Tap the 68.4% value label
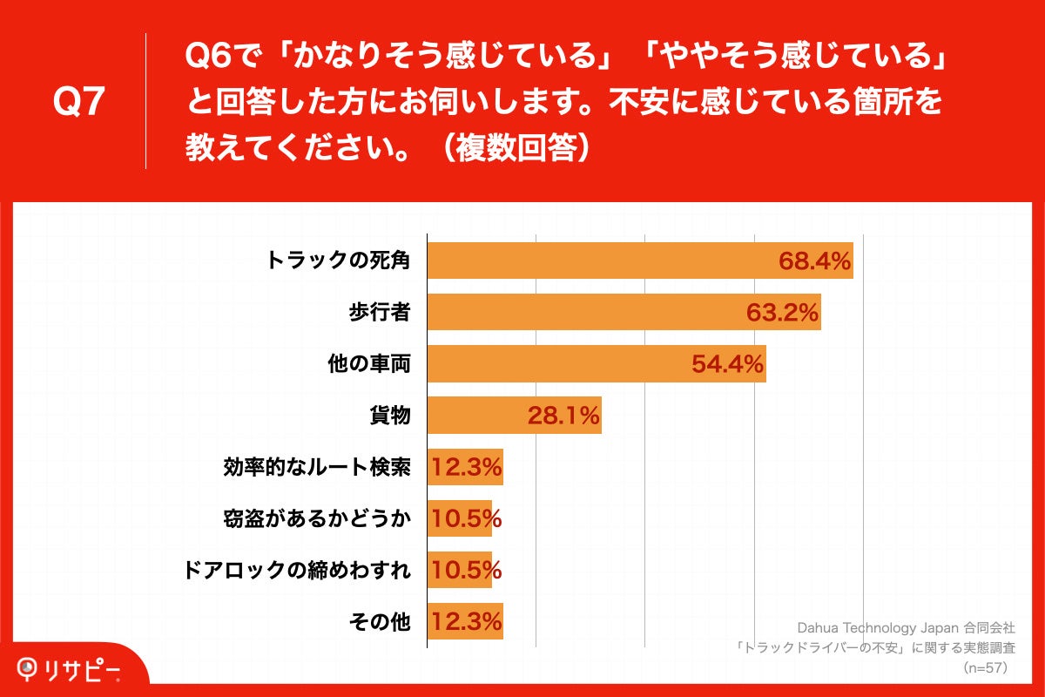[x=814, y=261]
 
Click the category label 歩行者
[x=379, y=313]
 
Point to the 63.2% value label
[x=783, y=313]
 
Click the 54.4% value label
[x=727, y=364]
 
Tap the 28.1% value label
[x=563, y=416]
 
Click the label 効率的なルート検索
[x=317, y=469]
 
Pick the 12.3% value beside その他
[x=466, y=622]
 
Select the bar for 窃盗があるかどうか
[x=459, y=519]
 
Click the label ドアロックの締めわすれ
[x=297, y=571]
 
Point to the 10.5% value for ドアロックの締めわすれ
[x=466, y=571]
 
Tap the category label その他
[x=379, y=622]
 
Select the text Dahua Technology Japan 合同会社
[x=906, y=627]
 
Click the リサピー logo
[x=70, y=668]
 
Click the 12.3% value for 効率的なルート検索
[x=466, y=469]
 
